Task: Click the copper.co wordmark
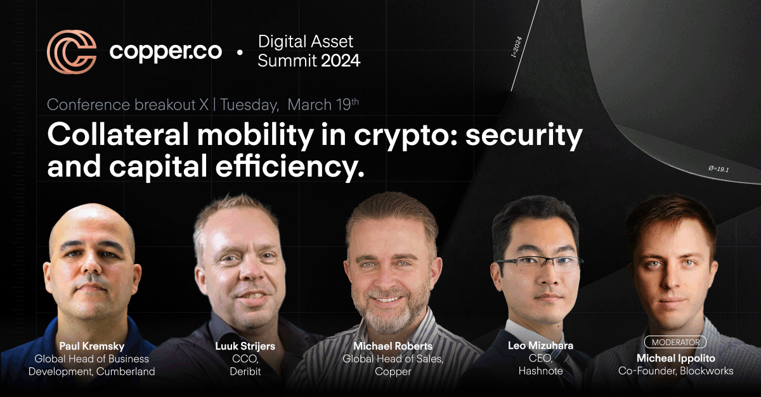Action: pos(166,52)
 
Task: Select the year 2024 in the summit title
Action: pos(341,61)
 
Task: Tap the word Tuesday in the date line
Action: pos(249,105)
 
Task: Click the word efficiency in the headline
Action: pos(290,167)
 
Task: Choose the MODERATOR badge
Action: pos(675,343)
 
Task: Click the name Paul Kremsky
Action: pos(92,346)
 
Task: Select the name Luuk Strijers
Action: pos(245,346)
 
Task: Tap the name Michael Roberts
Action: pos(393,346)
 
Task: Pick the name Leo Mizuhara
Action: pos(540,346)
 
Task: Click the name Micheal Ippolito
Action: pos(676,358)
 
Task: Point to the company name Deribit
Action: pos(245,371)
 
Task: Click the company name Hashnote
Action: pos(540,370)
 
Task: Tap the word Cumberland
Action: pos(126,371)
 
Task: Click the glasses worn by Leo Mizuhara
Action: pos(539,263)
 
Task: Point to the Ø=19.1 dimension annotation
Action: pos(719,168)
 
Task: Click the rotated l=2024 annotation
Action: pos(516,46)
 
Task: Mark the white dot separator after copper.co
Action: pos(240,53)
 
